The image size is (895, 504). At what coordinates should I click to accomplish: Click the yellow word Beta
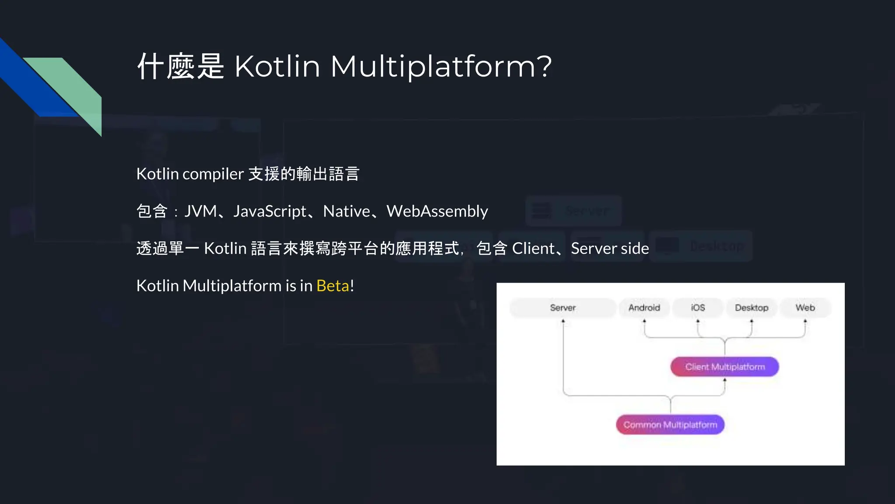point(333,286)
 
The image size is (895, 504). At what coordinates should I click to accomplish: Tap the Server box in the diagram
point(563,308)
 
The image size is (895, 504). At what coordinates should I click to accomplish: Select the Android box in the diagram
point(644,308)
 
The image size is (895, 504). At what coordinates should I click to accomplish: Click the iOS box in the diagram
point(698,308)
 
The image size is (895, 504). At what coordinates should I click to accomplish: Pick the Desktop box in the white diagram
point(751,308)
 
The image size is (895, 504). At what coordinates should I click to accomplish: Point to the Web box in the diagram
point(805,308)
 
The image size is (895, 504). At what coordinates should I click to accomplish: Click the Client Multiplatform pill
point(725,367)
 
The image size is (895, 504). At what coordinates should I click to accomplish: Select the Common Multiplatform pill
point(670,424)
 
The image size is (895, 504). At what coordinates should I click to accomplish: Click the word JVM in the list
point(201,211)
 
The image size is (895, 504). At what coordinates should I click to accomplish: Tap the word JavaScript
point(270,211)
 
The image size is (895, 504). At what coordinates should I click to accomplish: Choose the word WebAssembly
point(437,211)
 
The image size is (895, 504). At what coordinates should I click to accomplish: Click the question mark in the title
point(545,66)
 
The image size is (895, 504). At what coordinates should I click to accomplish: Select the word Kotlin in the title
point(277,66)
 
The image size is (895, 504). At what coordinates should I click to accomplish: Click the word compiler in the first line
point(213,174)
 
